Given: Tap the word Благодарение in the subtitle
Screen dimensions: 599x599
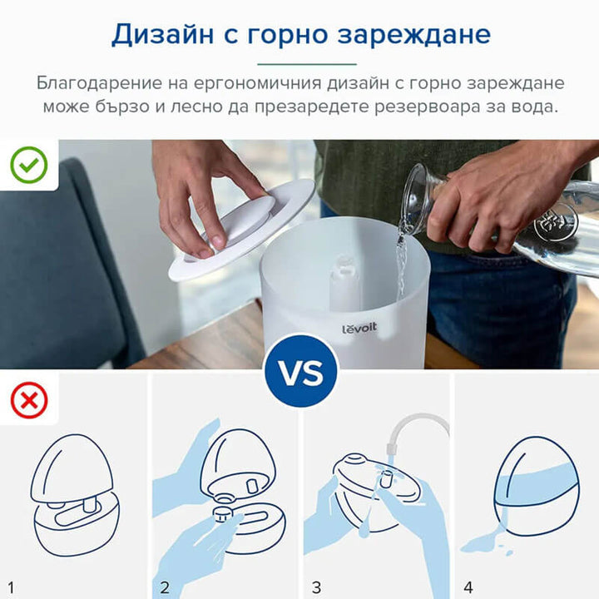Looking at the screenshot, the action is click(x=99, y=84).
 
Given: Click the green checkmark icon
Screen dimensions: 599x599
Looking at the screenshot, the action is click(x=29, y=165).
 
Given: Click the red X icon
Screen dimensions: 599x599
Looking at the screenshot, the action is click(x=29, y=400).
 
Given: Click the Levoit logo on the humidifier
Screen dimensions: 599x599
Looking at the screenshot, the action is click(x=359, y=328).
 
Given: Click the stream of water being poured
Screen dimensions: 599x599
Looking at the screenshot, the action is click(x=401, y=264).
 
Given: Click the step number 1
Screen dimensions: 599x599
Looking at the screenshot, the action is click(x=10, y=587).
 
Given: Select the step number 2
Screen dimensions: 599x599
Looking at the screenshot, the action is click(x=165, y=587).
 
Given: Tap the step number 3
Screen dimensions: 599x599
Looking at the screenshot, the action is click(x=316, y=587).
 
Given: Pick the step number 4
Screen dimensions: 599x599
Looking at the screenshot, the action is click(x=468, y=587).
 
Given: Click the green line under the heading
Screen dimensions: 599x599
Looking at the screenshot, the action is click(x=307, y=64).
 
